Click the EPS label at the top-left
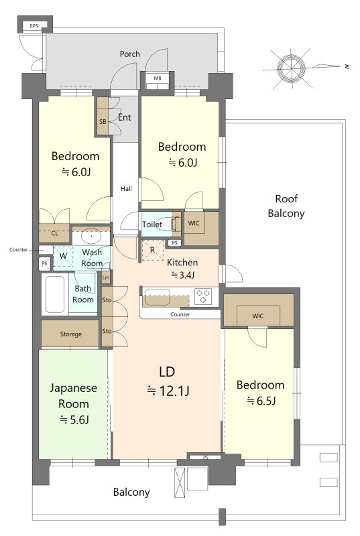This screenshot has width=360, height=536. (x=34, y=26)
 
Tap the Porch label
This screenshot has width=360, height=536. (x=129, y=54)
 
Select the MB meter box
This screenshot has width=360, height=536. (x=158, y=80)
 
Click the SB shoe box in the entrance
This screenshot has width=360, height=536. (x=103, y=116)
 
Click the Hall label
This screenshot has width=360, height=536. (x=126, y=188)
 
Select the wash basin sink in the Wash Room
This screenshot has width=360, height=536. (x=91, y=237)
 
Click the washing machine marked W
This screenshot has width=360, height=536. (x=63, y=257)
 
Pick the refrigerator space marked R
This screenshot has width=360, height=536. (x=152, y=250)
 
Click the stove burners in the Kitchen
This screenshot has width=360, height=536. (x=202, y=296)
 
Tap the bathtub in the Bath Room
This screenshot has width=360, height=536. (x=55, y=294)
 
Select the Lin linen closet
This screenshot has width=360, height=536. (x=106, y=277)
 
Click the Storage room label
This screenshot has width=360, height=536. (x=71, y=334)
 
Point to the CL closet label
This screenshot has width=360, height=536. (x=55, y=234)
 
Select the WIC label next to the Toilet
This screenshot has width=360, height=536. (x=194, y=223)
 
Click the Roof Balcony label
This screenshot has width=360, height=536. (x=286, y=206)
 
